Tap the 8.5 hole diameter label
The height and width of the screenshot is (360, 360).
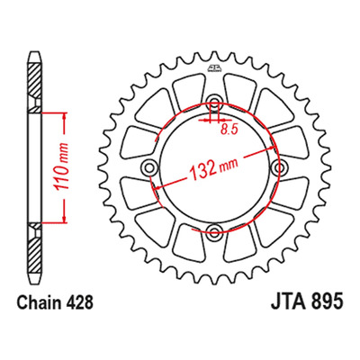(229, 130)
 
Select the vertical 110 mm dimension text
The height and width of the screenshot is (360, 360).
(61, 168)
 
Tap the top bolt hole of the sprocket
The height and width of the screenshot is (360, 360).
(214, 101)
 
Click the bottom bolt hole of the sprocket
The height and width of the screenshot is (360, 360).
(214, 231)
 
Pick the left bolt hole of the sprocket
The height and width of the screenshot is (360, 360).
(149, 166)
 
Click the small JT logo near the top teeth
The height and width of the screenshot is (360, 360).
(214, 68)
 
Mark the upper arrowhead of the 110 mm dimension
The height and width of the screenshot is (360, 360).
(64, 117)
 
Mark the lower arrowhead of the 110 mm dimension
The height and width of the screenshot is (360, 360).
(64, 219)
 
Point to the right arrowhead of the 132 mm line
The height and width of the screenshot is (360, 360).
(272, 148)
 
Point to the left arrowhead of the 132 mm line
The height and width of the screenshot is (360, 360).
(157, 188)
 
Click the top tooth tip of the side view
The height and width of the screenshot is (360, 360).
(34, 52)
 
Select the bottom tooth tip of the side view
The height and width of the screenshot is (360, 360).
(34, 283)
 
